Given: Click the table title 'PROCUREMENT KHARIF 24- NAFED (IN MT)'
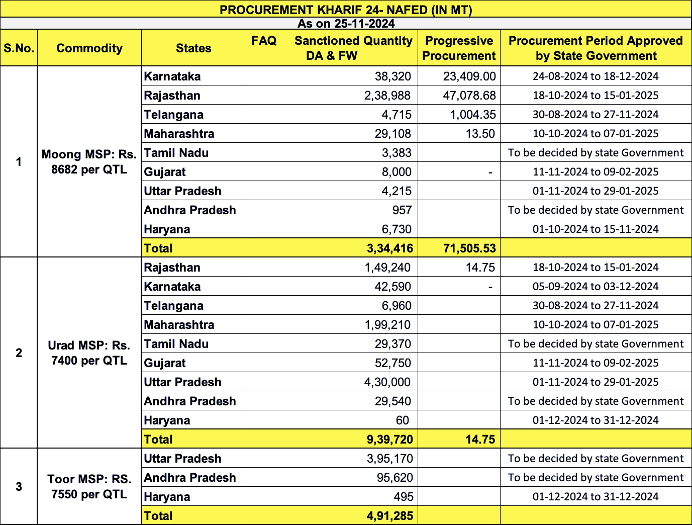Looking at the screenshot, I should [346, 10].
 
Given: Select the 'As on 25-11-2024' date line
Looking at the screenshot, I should [346, 24].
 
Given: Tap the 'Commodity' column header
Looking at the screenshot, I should [89, 48].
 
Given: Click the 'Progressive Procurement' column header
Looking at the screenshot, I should [459, 48].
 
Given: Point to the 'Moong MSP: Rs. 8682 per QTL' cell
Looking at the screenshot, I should [89, 162].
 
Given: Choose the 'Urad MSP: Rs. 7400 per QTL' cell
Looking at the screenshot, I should [89, 353].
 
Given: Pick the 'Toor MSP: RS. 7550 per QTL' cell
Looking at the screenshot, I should [89, 487].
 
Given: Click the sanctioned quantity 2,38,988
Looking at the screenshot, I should [387, 96].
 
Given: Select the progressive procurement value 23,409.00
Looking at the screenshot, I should [469, 76].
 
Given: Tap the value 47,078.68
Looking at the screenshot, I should [469, 96].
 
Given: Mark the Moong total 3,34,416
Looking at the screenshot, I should [390, 248].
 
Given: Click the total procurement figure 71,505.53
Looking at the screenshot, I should [469, 248].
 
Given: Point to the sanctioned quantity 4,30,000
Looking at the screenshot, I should [387, 382].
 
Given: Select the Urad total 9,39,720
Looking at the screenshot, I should [390, 440].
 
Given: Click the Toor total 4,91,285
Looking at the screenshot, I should [390, 516].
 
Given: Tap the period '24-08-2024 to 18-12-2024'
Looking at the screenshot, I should [596, 76].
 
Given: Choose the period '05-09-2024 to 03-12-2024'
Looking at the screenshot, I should [596, 287].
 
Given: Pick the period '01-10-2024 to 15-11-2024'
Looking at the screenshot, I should [596, 229].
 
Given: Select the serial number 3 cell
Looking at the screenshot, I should [19, 487].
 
